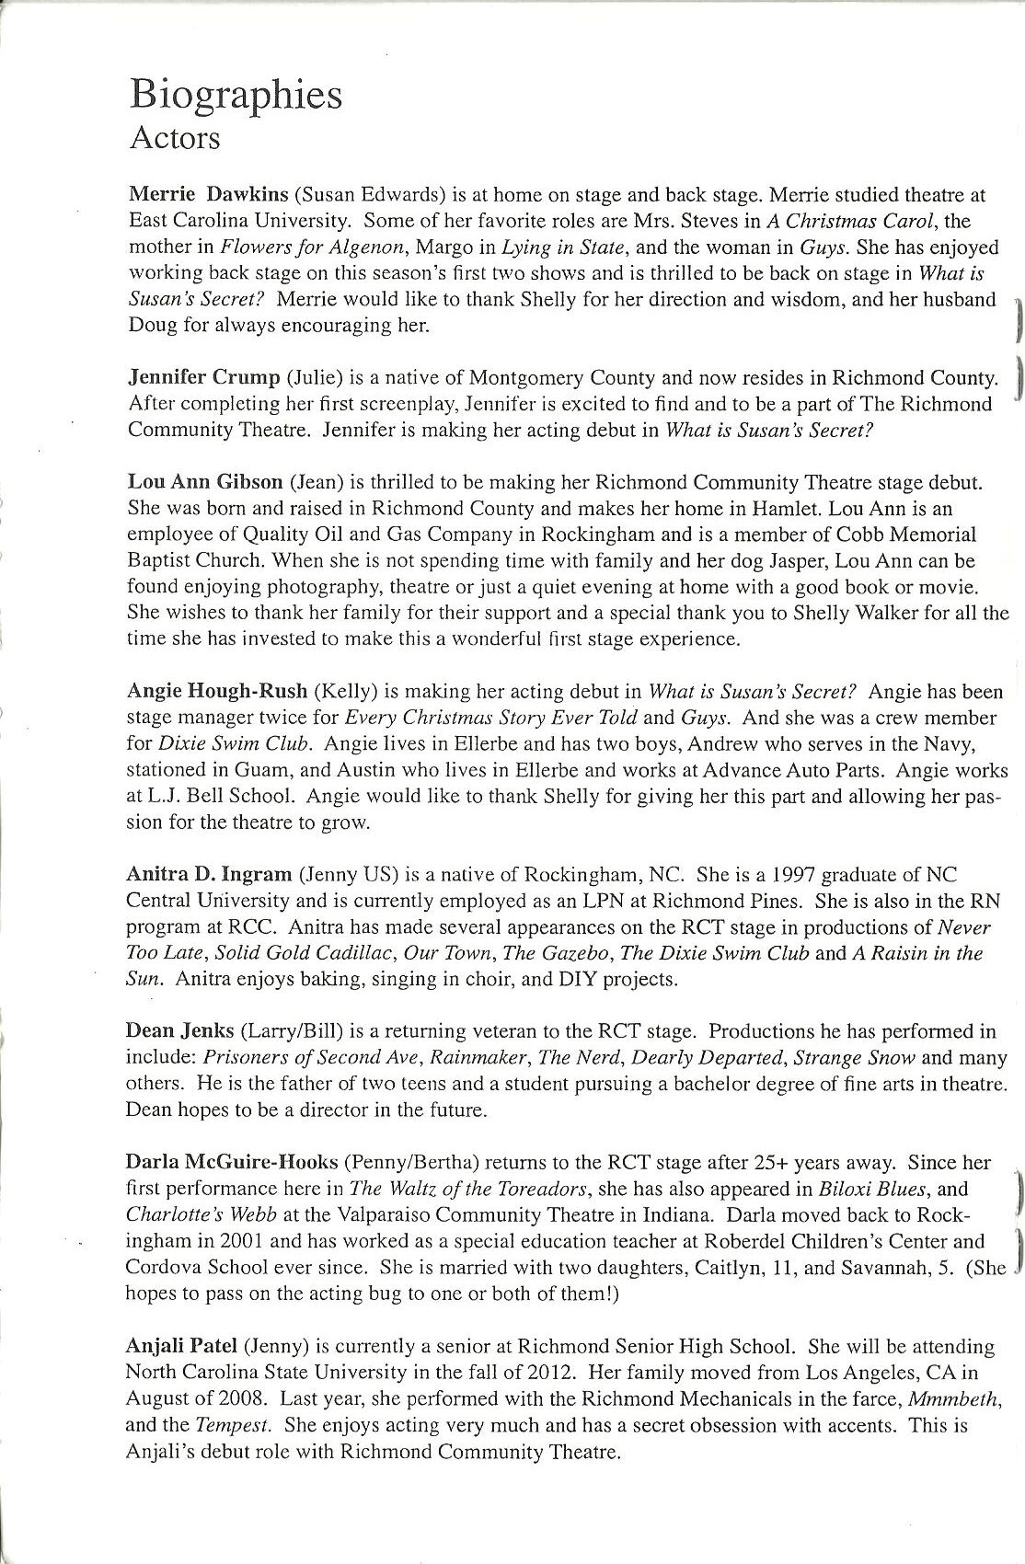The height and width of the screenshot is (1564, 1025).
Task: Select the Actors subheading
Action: [176, 138]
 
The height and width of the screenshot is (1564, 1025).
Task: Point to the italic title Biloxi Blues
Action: [882, 1190]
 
